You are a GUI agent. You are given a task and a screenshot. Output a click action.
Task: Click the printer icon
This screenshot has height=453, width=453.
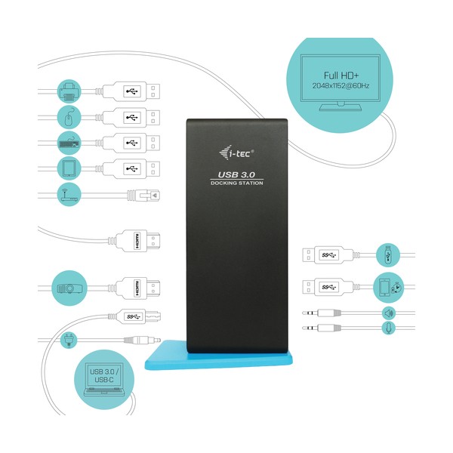click(69, 91)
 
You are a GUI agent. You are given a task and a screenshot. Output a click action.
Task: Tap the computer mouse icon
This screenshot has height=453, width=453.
click(69, 117)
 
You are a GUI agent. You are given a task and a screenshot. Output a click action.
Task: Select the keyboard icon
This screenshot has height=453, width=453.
click(69, 143)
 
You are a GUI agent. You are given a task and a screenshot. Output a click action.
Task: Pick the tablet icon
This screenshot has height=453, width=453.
click(69, 168)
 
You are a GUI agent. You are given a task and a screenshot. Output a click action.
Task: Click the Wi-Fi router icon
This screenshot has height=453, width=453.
click(69, 194)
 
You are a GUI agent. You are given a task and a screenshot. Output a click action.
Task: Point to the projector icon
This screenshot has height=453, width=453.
click(69, 288)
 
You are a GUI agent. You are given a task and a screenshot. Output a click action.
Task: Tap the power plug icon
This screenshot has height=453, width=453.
click(69, 340)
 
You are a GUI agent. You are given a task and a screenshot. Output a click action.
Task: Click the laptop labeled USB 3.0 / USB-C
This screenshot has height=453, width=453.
click(105, 379)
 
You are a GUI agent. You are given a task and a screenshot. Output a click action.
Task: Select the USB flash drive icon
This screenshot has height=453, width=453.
click(388, 255)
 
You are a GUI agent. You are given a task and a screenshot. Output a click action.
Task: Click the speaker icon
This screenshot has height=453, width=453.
click(389, 313)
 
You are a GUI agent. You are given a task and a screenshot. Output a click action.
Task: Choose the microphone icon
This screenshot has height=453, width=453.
click(389, 328)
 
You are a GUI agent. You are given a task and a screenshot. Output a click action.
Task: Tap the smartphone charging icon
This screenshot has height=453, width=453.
click(388, 287)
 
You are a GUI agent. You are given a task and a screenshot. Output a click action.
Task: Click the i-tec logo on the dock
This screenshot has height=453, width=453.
click(236, 153)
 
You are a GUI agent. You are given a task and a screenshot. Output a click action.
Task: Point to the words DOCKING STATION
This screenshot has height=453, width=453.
click(237, 183)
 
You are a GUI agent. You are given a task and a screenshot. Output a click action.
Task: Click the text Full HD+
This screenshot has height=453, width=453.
click(341, 75)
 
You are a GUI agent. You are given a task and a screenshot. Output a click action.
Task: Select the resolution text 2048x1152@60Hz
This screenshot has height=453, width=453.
click(341, 86)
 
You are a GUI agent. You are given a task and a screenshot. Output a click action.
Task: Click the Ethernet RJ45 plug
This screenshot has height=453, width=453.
click(143, 196)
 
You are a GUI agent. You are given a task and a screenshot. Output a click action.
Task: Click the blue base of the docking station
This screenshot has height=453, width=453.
click(219, 358)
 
